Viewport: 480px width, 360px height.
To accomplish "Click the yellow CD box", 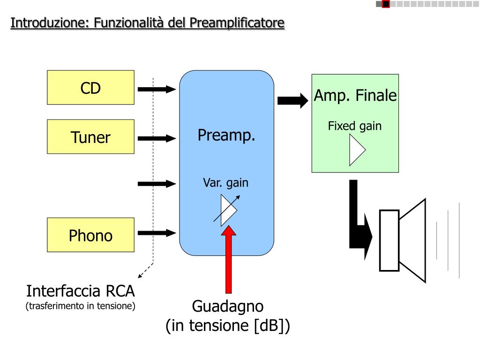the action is pos(90,88).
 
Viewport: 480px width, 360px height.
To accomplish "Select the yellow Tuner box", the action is pos(90,136).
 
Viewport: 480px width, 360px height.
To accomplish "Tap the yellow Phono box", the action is pos(90,235).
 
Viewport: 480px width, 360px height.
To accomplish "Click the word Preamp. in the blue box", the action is pos(226,135).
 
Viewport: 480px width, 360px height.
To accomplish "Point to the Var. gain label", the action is pos(225,183).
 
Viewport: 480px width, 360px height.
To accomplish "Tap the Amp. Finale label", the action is pos(355,95).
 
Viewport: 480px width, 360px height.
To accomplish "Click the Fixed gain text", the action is pos(355,126).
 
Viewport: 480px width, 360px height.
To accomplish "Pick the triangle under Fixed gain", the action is pos(357,150).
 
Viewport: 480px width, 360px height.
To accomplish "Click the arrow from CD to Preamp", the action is pos(157,90).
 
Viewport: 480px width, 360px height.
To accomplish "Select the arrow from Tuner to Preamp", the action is pos(157,138).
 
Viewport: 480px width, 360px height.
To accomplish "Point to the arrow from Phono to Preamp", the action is pos(157,233).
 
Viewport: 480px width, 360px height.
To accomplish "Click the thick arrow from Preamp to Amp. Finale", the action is pos(292,101).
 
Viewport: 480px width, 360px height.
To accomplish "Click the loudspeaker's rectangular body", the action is pos(389,240).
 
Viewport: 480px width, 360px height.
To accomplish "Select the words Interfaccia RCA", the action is pos(80,291).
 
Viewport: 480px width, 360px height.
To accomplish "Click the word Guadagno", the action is pos(228,306).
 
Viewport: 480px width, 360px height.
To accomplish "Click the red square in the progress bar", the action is pos(386,4).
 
